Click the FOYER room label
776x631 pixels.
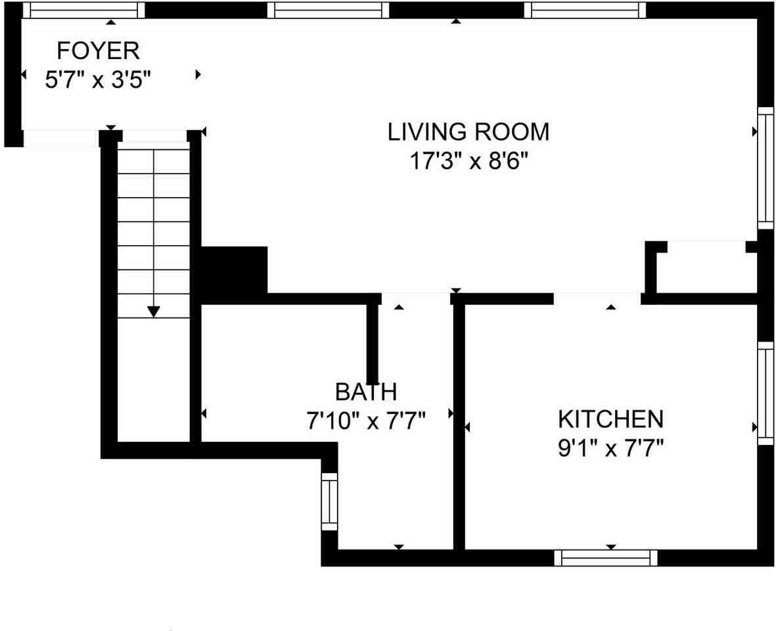(98, 51)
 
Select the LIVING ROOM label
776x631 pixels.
(468, 132)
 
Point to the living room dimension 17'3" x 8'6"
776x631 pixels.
(468, 162)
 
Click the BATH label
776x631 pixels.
(366, 392)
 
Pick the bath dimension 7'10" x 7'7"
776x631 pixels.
(366, 421)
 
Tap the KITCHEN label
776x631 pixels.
(610, 419)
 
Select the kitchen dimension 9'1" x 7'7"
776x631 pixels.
(610, 449)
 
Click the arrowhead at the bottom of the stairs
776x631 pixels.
(154, 311)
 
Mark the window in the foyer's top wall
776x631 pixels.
(83, 10)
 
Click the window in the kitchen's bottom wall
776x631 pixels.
(605, 558)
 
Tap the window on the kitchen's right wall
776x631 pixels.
(765, 392)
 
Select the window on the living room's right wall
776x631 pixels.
(765, 167)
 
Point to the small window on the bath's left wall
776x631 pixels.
(329, 501)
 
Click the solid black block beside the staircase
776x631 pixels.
(233, 270)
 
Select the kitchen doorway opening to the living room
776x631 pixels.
(597, 299)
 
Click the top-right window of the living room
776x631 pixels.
(585, 10)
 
